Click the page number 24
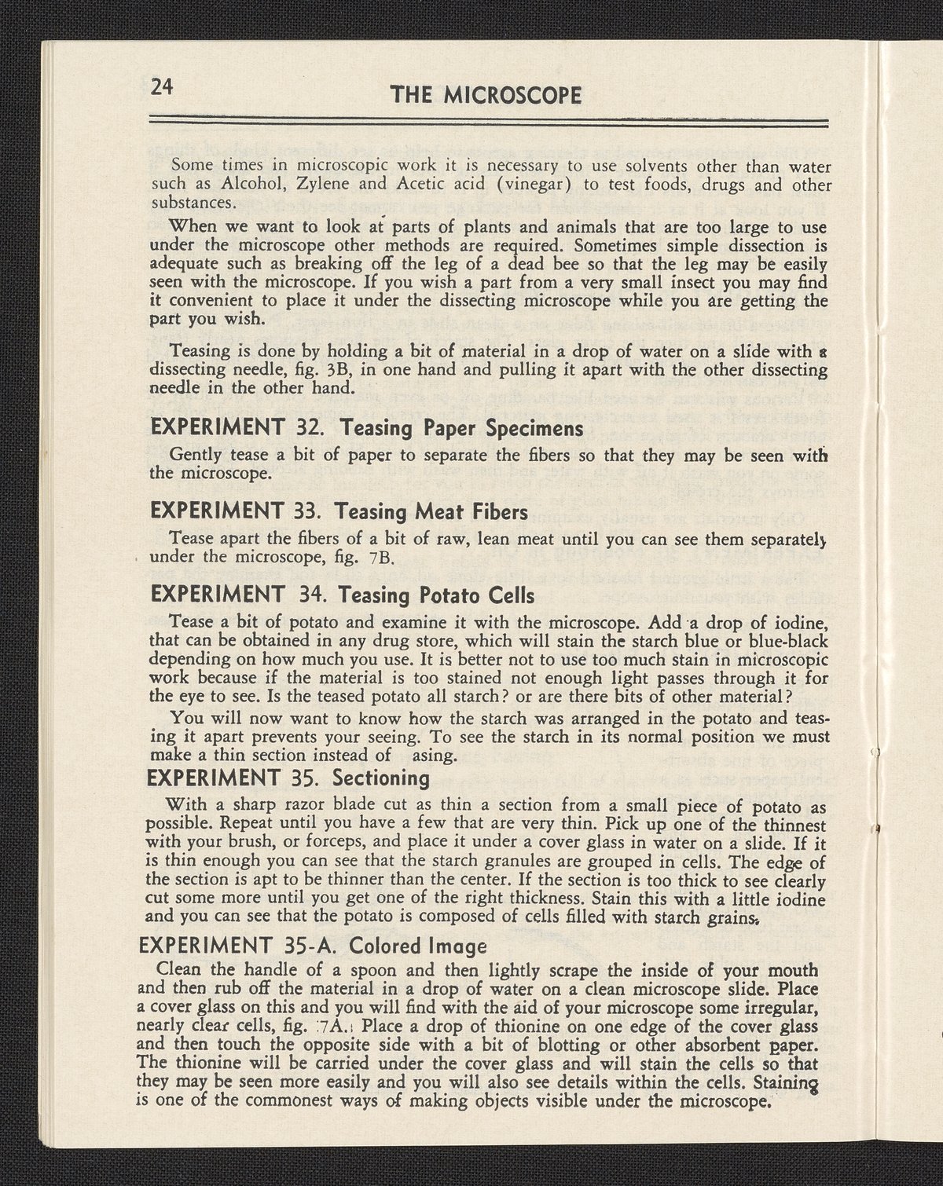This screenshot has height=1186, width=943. point(162,87)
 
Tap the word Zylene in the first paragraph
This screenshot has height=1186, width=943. point(282,185)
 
